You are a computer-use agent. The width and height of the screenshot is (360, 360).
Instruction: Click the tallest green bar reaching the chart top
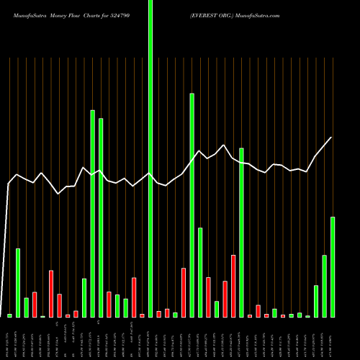(150, 158)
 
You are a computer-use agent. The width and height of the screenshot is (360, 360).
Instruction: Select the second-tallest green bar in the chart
(192, 205)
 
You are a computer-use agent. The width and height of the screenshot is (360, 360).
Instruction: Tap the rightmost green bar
(333, 266)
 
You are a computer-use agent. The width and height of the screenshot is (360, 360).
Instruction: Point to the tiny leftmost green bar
(10, 315)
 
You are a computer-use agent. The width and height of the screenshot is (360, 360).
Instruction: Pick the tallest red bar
(233, 286)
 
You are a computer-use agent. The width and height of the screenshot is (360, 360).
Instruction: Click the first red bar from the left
(35, 305)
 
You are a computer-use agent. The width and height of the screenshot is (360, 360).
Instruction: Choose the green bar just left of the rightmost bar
(325, 286)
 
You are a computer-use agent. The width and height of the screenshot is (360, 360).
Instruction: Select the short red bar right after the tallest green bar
(159, 314)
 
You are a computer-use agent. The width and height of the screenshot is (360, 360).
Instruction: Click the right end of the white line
(331, 138)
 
